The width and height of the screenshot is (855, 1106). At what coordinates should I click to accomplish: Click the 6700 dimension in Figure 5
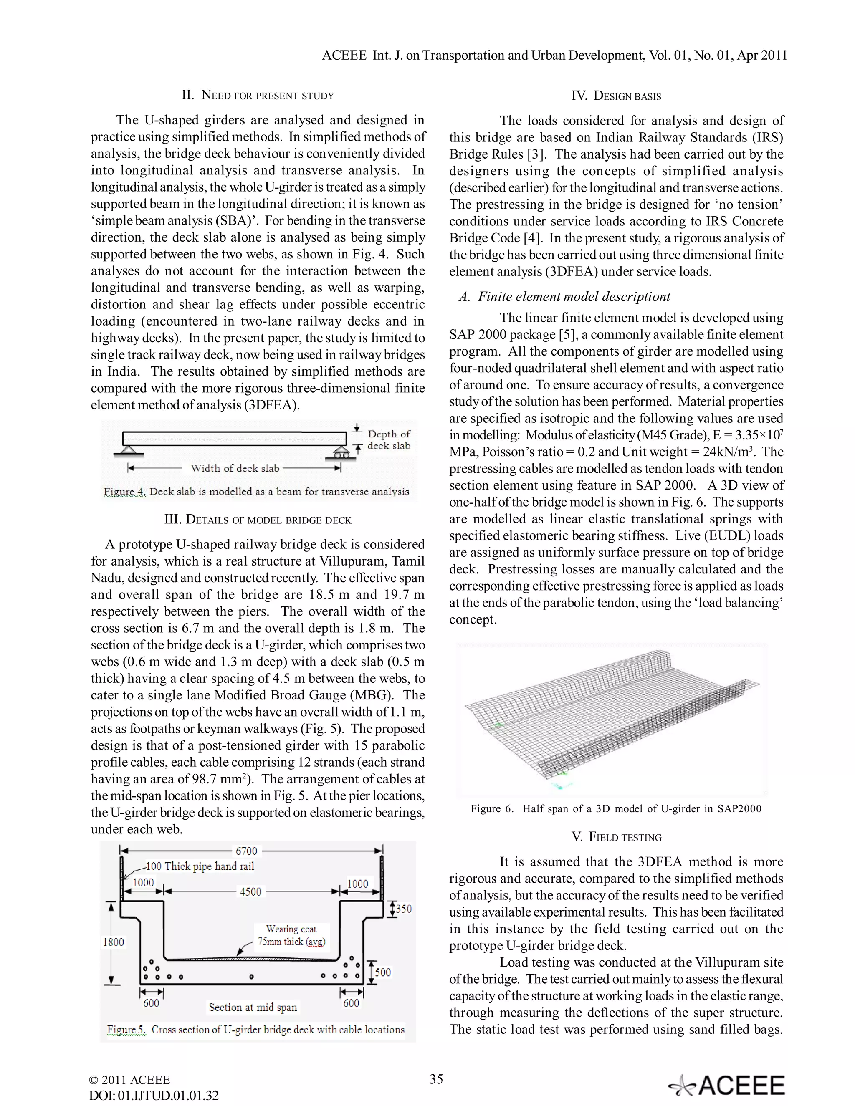click(x=246, y=851)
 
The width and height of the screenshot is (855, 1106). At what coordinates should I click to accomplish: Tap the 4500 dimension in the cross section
click(x=250, y=892)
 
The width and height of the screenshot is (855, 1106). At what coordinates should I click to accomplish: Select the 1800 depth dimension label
click(x=113, y=942)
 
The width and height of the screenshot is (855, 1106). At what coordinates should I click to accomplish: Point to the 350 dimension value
click(x=403, y=909)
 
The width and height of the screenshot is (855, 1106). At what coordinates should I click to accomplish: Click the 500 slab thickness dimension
click(x=383, y=972)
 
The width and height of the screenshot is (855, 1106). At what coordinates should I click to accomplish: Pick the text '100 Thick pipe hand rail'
click(x=200, y=866)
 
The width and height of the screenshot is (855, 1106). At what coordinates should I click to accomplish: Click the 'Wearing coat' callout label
click(x=291, y=929)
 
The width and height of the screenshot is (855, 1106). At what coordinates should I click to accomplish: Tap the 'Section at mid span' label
click(x=253, y=1007)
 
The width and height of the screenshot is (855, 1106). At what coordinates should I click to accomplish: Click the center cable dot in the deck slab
click(x=252, y=976)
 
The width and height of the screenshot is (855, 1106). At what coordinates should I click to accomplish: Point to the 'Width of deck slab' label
click(x=235, y=468)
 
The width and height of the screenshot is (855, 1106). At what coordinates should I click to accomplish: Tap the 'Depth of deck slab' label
click(x=389, y=440)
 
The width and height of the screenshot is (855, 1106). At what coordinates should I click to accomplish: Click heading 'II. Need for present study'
click(x=258, y=95)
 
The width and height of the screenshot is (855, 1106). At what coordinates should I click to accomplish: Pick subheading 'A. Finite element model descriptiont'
click(x=564, y=297)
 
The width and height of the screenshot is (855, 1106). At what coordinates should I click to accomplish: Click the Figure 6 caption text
click(x=615, y=809)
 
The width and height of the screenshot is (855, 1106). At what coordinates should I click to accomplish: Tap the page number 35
click(x=436, y=1078)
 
